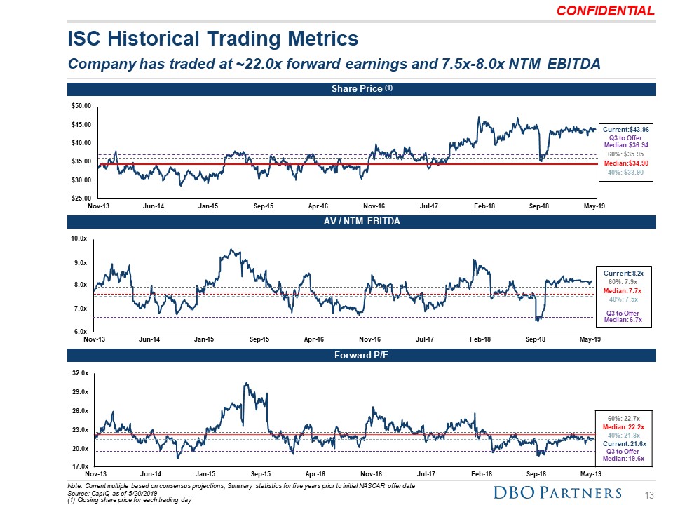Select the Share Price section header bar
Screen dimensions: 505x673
coord(361,89)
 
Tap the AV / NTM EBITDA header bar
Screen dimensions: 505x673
coord(361,221)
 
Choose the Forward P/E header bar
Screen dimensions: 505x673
coord(361,355)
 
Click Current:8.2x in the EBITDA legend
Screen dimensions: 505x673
coord(623,271)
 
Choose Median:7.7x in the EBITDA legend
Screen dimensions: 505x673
coord(623,290)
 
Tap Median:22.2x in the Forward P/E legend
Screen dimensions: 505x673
coord(623,426)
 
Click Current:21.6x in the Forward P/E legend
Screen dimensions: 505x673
coord(623,443)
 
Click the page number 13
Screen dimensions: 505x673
coord(648,495)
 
